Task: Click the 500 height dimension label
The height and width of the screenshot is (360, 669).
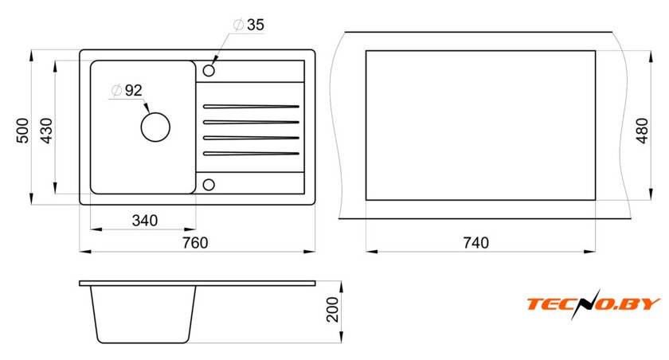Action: click(x=22, y=131)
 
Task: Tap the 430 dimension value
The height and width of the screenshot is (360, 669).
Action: click(x=46, y=131)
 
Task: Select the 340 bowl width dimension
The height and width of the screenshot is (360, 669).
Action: click(x=145, y=221)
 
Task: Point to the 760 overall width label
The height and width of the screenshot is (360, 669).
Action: click(x=195, y=243)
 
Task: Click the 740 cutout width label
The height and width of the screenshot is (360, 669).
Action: click(x=476, y=243)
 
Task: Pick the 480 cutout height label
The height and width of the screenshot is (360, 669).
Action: click(x=642, y=131)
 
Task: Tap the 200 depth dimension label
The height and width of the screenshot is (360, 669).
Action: click(x=332, y=310)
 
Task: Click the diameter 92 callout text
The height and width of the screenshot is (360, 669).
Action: click(x=127, y=91)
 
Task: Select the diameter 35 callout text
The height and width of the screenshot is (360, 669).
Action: click(x=249, y=25)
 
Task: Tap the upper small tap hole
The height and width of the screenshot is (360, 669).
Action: click(x=209, y=70)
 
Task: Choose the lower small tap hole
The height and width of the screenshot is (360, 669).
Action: click(x=209, y=185)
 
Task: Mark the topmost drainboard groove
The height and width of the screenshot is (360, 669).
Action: click(x=251, y=106)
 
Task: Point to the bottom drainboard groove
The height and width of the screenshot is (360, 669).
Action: click(x=251, y=154)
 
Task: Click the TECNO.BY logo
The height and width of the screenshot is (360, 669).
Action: click(x=593, y=303)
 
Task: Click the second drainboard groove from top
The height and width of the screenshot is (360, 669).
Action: click(x=251, y=122)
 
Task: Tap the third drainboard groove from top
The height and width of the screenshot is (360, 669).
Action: click(x=251, y=138)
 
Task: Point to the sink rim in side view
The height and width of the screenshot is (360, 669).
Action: click(x=198, y=284)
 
